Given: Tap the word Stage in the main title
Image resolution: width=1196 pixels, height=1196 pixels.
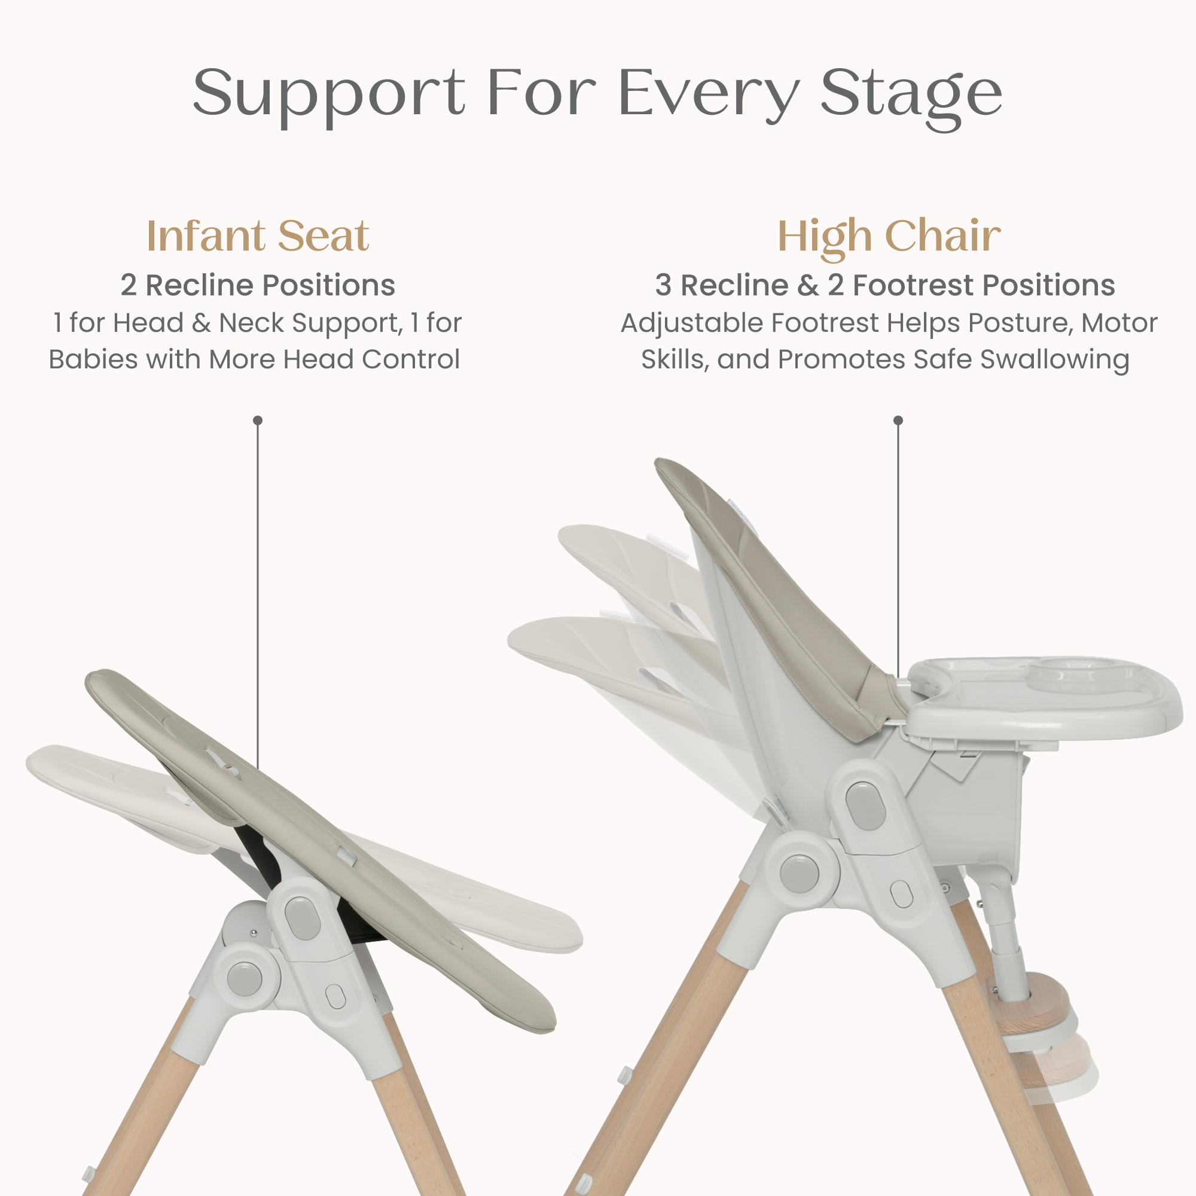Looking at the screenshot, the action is coord(911,96).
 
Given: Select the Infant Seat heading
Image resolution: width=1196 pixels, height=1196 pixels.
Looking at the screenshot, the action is coord(258,236).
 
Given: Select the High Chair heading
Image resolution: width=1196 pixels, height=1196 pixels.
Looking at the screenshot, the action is coord(889,237).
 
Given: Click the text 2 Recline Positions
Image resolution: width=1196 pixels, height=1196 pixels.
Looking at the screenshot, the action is coord(258,285).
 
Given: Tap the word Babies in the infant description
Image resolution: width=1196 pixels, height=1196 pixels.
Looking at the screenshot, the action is coord(93,359).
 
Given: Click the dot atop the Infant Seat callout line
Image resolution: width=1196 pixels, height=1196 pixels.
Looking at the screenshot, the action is coord(258,420).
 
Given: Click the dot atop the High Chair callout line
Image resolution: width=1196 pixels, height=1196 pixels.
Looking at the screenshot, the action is coord(898,420).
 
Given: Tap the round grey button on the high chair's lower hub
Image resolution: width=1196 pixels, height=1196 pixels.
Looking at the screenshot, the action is coord(799,873).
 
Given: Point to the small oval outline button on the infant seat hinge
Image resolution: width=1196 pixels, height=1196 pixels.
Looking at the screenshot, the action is coord(335,996).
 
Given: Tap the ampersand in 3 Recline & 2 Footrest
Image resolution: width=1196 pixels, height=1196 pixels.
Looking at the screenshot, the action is coord(808,285).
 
